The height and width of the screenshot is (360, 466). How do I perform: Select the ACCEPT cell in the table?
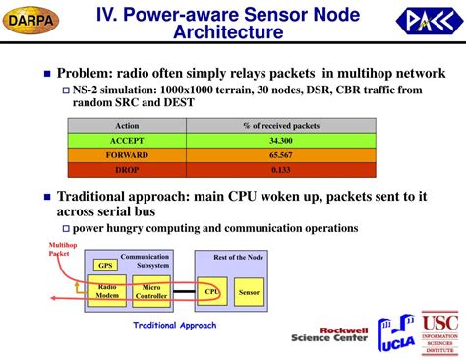[x=127, y=141]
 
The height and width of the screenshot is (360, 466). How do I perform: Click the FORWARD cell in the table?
[x=127, y=154]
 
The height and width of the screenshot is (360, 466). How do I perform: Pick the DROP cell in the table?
[x=127, y=168]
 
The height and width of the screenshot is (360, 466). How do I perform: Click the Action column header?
[x=127, y=126]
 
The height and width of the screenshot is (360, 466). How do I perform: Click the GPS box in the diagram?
[x=104, y=265]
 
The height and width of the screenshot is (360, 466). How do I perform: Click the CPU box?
[x=211, y=290]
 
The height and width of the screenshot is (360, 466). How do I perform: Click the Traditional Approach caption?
[x=175, y=325]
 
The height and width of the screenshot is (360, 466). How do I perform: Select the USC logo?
[x=439, y=335]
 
